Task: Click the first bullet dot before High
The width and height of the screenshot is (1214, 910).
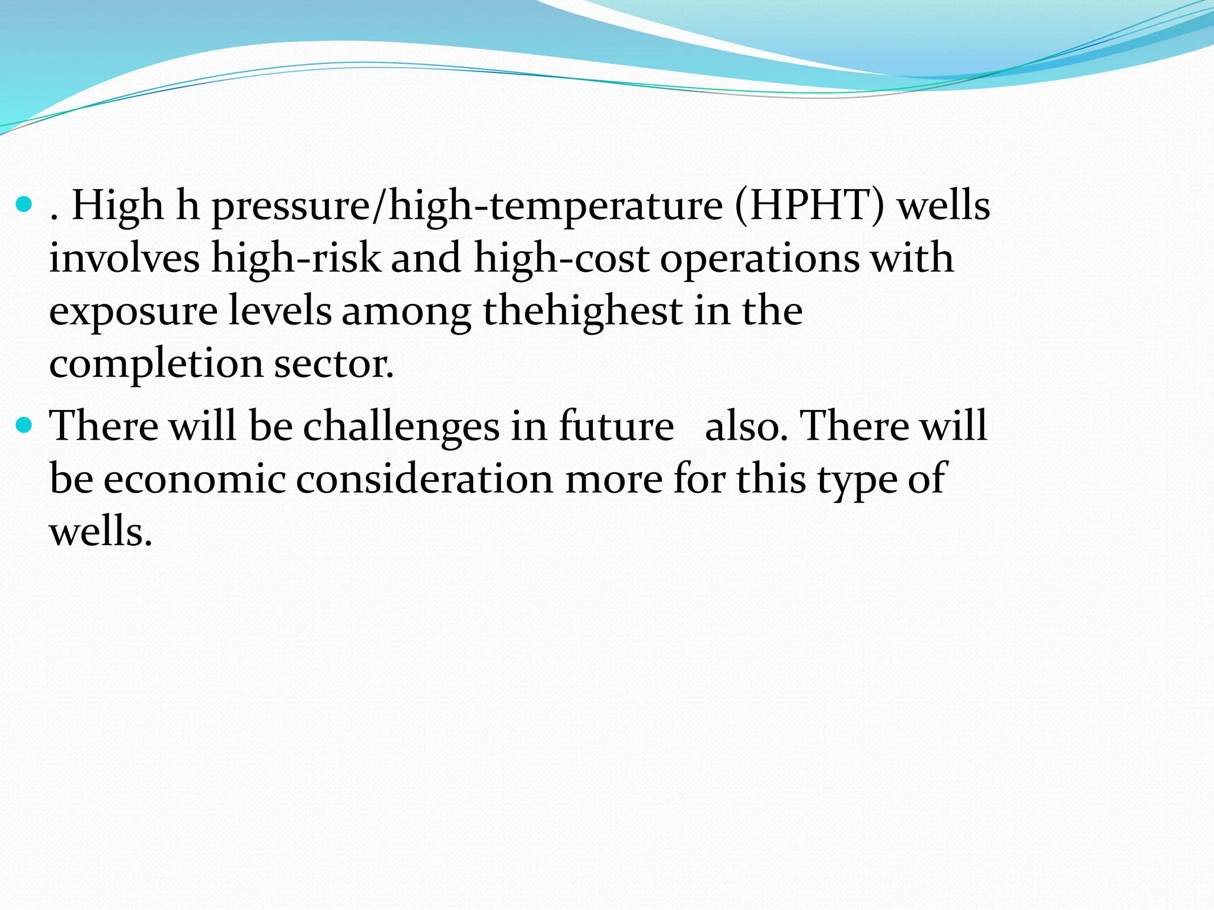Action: [24, 205]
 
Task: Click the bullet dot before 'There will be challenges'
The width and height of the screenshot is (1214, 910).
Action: [24, 425]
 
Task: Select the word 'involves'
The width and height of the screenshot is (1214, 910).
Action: [124, 258]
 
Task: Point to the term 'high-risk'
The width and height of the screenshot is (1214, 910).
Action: [296, 259]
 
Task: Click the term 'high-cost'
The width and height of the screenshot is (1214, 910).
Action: [561, 259]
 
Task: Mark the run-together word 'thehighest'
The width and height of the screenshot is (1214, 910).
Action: [583, 312]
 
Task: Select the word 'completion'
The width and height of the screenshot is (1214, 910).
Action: [156, 364]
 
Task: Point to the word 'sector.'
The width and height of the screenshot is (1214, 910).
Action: [334, 364]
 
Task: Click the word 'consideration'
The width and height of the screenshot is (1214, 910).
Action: [424, 479]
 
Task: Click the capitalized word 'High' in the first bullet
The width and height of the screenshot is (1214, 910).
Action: [117, 206]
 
